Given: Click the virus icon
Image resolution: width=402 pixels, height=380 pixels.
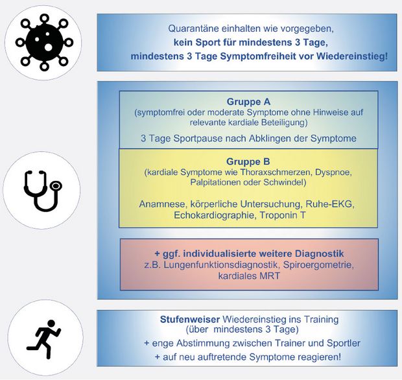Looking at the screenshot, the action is click(x=44, y=43).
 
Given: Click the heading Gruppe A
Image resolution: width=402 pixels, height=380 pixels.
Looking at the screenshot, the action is click(x=248, y=102).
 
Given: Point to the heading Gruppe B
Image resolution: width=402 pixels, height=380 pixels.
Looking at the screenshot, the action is click(x=248, y=162).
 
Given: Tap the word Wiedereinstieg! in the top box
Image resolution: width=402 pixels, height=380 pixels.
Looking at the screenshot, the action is click(x=352, y=56).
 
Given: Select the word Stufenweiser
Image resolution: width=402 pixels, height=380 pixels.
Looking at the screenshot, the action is click(x=190, y=320).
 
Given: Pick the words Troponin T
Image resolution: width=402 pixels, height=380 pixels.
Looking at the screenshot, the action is click(x=283, y=215).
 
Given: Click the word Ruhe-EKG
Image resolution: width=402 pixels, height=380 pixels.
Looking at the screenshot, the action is click(x=330, y=204).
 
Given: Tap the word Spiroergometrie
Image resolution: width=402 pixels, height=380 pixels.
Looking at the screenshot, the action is click(x=318, y=265).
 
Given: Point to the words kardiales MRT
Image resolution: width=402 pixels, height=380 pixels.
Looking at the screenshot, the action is click(x=249, y=276).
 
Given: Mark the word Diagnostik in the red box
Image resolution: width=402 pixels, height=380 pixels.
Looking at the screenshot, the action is click(x=320, y=254).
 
